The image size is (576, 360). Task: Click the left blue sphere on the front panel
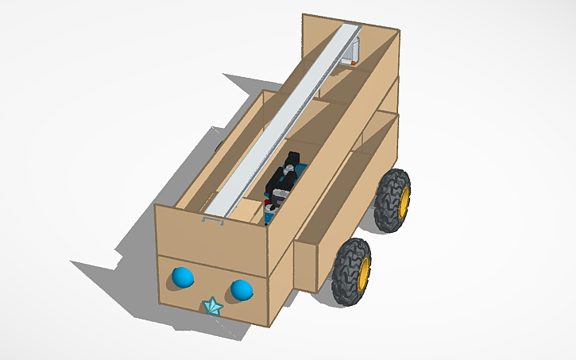pyautogui.click(x=183, y=277)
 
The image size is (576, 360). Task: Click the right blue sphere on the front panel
pyautogui.click(x=242, y=290)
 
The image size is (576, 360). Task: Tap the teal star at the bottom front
pyautogui.click(x=212, y=306)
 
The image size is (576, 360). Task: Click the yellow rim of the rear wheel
pyautogui.click(x=404, y=201)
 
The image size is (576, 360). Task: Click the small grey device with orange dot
pyautogui.click(x=352, y=51)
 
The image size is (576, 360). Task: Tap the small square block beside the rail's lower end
pyautogui.click(x=249, y=210)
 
